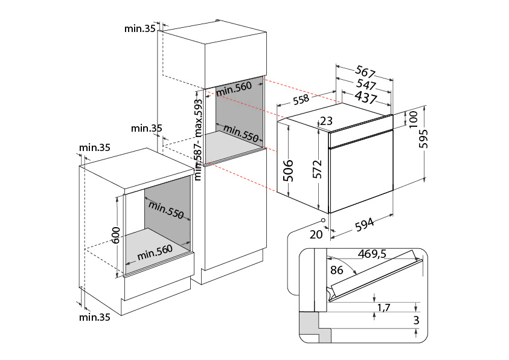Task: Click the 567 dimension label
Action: click(365, 71)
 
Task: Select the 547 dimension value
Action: click(366, 85)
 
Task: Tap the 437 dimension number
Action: click(366, 97)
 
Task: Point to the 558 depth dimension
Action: click(301, 100)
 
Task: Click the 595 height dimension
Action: click(423, 138)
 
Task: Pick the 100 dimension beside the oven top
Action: click(413, 120)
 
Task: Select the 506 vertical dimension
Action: click(288, 171)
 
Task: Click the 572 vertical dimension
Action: click(317, 169)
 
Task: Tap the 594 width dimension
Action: click(365, 224)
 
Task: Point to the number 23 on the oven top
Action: click(327, 121)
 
